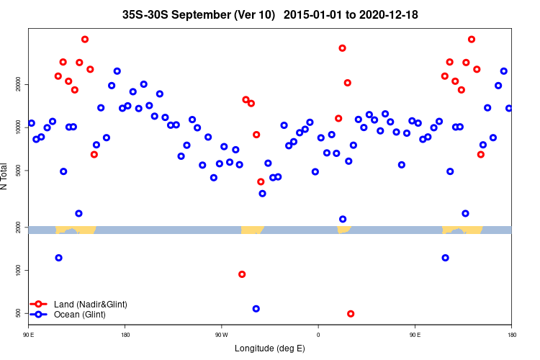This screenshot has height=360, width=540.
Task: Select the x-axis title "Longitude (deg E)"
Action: (x=269, y=348)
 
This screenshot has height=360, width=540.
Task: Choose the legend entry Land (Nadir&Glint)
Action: (x=90, y=305)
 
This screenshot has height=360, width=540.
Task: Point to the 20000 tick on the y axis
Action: (x=19, y=85)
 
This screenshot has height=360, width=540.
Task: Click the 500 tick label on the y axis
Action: (x=19, y=312)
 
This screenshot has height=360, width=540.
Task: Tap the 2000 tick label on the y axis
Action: (x=19, y=228)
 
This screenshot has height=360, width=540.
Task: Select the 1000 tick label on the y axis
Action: (x=19, y=270)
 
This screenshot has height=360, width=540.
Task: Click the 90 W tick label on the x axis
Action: (x=221, y=335)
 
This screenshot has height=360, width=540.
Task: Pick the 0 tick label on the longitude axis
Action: (x=318, y=335)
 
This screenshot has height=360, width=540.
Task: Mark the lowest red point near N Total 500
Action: (x=351, y=314)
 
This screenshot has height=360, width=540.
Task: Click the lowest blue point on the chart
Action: (x=256, y=309)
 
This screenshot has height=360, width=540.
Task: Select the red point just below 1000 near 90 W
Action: (x=242, y=274)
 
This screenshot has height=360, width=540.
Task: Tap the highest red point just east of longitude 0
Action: (x=343, y=48)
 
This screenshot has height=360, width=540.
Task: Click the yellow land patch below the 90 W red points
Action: (x=252, y=230)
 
